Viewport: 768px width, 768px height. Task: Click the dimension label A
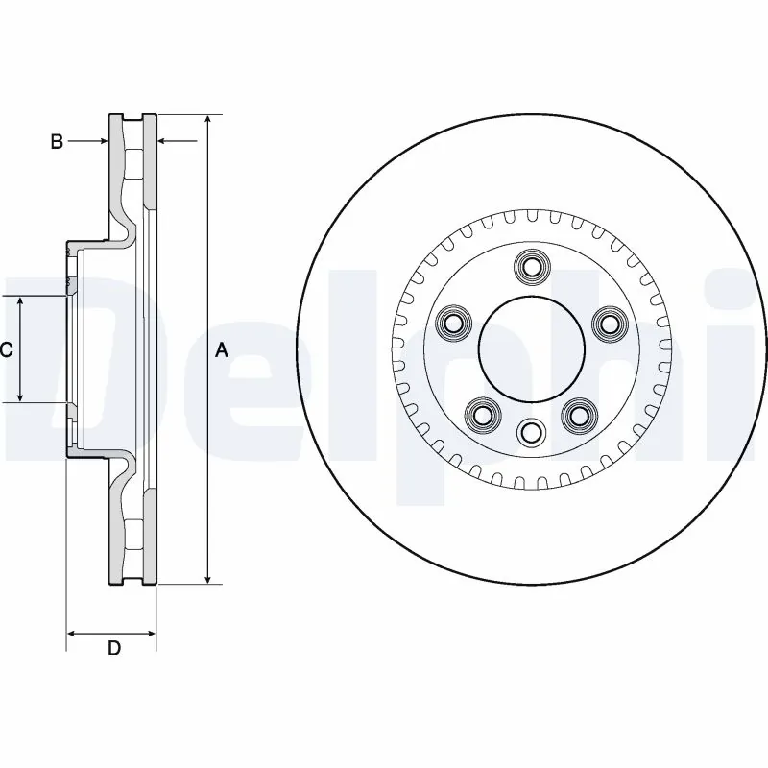coord(221,351)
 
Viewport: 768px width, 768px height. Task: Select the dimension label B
coord(57,142)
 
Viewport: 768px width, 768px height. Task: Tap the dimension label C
coord(7,350)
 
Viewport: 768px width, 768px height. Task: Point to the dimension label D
coord(113,648)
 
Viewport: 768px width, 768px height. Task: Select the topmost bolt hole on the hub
coord(529,266)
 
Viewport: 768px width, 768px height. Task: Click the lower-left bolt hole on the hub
coord(481,414)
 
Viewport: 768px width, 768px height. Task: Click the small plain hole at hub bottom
coord(529,434)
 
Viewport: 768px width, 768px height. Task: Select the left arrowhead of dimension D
coord(71,634)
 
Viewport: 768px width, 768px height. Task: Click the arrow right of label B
coord(100,142)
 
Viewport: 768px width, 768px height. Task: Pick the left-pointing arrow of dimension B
coord(164,142)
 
